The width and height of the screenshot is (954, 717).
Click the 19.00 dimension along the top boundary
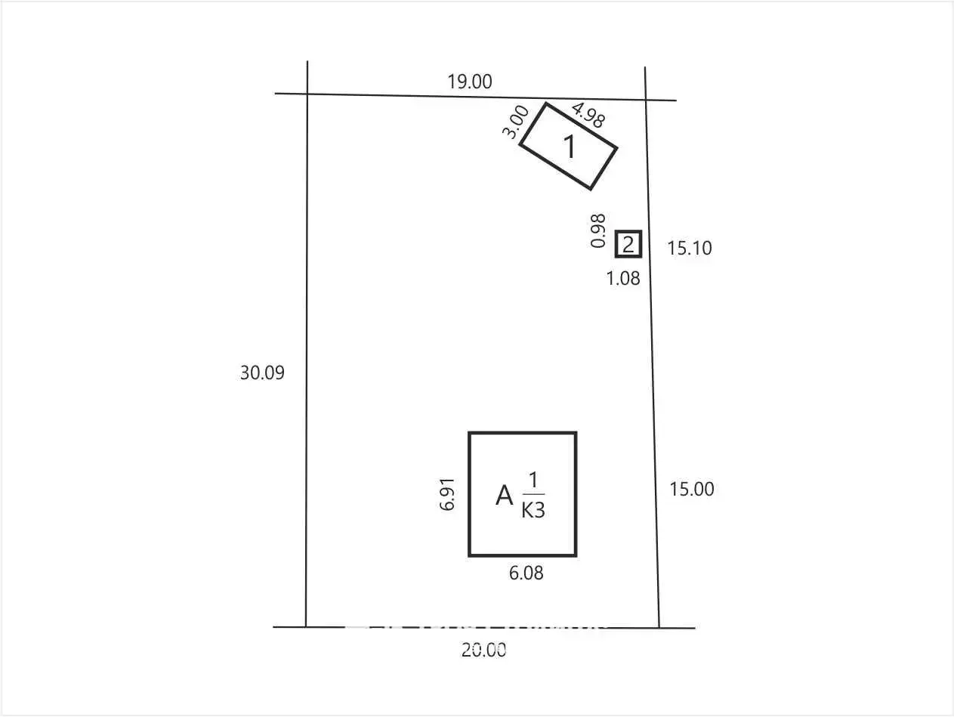coord(469,82)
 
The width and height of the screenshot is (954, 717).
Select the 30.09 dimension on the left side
coord(262,372)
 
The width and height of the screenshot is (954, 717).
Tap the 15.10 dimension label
coord(690,248)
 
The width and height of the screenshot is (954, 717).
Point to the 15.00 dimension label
coord(691,490)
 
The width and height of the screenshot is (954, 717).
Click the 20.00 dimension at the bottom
coord(483,650)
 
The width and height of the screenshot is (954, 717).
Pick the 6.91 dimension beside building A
coord(447,494)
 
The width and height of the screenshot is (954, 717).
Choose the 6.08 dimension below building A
coord(526,573)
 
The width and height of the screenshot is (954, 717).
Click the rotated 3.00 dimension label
coord(515,122)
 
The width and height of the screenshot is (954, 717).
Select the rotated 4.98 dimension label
coord(588,115)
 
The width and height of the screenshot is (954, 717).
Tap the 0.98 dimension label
coord(597,230)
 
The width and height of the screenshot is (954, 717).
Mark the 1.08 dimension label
coord(623,278)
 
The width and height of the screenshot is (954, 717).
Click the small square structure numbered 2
coord(628,244)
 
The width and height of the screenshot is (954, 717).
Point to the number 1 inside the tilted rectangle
coord(570,147)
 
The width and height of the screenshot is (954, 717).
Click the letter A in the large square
coord(504,496)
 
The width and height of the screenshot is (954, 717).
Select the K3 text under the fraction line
coord(533,511)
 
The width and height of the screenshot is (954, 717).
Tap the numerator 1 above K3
coord(533,481)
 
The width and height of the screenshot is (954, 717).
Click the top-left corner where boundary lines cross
coord(307,94)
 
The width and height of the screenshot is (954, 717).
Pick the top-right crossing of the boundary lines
coord(645,100)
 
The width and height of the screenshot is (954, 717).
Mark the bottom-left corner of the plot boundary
coord(306,627)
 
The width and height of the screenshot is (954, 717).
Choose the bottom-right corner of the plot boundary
coord(659,628)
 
